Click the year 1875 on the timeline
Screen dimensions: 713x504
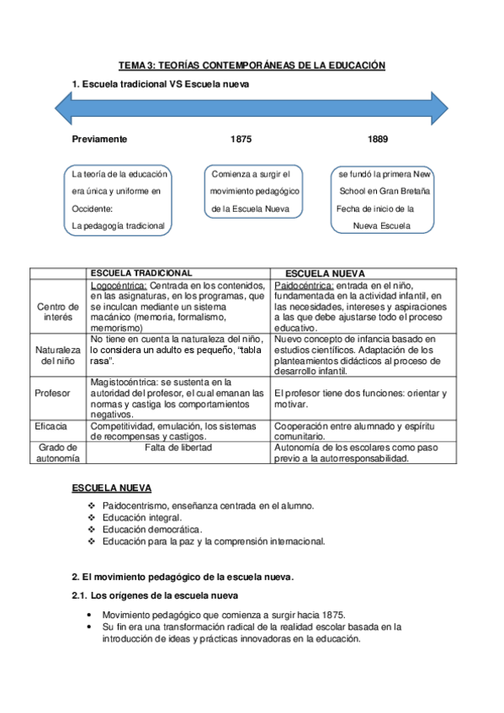241,139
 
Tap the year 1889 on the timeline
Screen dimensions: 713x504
378,139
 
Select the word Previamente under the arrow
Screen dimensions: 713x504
99,139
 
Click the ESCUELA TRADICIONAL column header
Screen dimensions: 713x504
141,273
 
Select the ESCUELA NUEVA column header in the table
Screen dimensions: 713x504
326,274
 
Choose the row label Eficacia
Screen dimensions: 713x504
52,427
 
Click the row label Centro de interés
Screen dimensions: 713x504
58,311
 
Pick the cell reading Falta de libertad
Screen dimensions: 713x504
178,448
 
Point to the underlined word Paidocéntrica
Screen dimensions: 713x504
304,285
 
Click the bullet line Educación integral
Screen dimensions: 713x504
141,518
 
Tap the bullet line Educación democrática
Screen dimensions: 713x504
151,531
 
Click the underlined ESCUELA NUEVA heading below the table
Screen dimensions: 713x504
111,488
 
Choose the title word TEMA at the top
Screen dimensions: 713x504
131,65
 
